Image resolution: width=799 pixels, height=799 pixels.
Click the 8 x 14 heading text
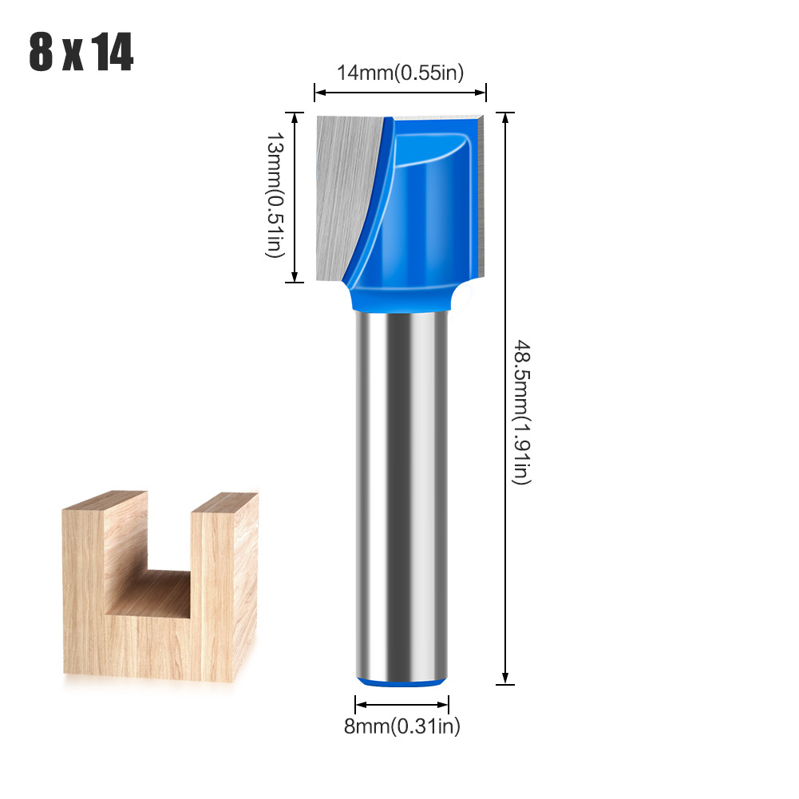(81, 53)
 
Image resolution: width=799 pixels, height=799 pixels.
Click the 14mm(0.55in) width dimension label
(400, 73)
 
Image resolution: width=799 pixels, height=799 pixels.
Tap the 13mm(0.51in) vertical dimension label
(274, 196)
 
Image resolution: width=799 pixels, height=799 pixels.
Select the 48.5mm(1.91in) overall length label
(521, 411)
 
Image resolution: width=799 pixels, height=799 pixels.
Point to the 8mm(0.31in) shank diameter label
(401, 726)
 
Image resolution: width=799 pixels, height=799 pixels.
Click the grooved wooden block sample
(160, 591)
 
